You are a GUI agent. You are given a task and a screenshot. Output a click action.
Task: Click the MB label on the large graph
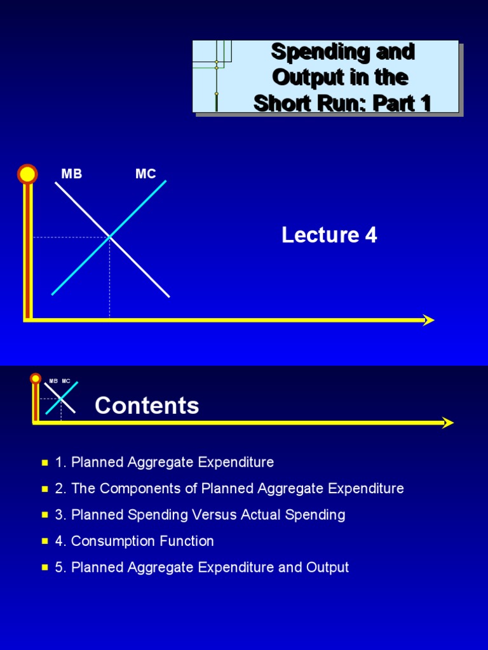click(x=71, y=174)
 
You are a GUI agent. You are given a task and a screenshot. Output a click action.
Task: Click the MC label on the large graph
click(x=146, y=174)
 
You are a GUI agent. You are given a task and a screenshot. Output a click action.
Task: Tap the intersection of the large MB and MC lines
click(x=110, y=237)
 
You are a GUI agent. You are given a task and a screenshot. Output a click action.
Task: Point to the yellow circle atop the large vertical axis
click(x=27, y=174)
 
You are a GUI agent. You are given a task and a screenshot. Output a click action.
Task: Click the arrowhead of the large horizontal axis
click(x=429, y=320)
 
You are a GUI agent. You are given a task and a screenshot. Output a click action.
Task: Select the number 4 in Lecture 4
click(x=370, y=235)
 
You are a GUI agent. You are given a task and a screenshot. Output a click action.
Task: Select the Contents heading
click(x=147, y=406)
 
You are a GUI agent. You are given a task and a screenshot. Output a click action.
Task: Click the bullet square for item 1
click(x=44, y=463)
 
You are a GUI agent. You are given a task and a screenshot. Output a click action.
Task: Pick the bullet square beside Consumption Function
click(x=44, y=541)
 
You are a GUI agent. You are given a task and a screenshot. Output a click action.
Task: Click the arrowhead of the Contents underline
click(x=449, y=423)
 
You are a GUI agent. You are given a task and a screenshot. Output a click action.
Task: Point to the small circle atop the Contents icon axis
click(x=36, y=379)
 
